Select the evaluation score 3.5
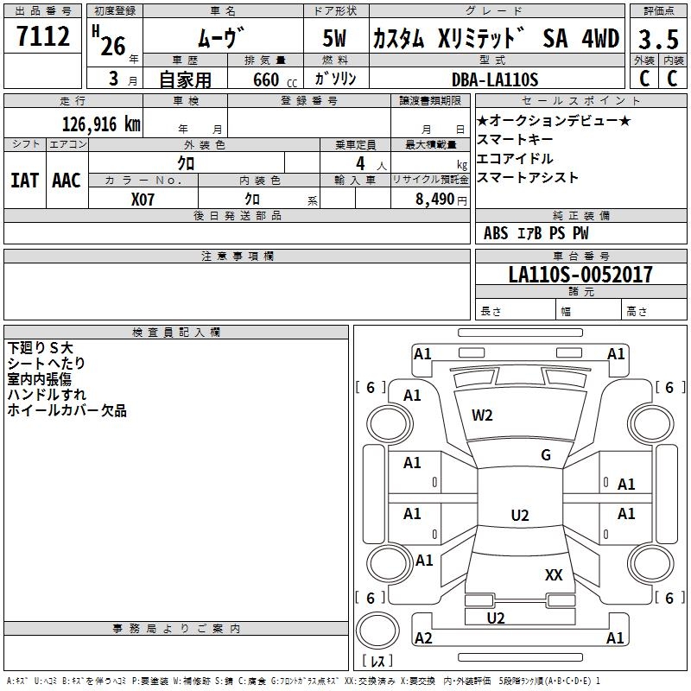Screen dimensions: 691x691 (x=657, y=40)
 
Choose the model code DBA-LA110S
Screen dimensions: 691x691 (x=495, y=80)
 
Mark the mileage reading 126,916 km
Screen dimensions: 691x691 (x=101, y=124)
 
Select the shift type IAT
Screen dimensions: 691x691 (x=24, y=181)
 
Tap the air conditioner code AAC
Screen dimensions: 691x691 (x=66, y=181)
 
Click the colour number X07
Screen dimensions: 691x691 (x=143, y=199)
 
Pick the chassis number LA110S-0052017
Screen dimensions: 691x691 (x=580, y=275)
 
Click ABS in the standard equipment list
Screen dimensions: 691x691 (x=496, y=233)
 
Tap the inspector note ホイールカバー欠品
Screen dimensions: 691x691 (x=67, y=411)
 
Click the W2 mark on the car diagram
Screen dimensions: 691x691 (x=482, y=415)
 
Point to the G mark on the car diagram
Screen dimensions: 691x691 (x=546, y=455)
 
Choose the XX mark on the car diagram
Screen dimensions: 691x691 (x=554, y=574)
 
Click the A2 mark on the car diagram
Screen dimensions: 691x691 (x=423, y=637)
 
